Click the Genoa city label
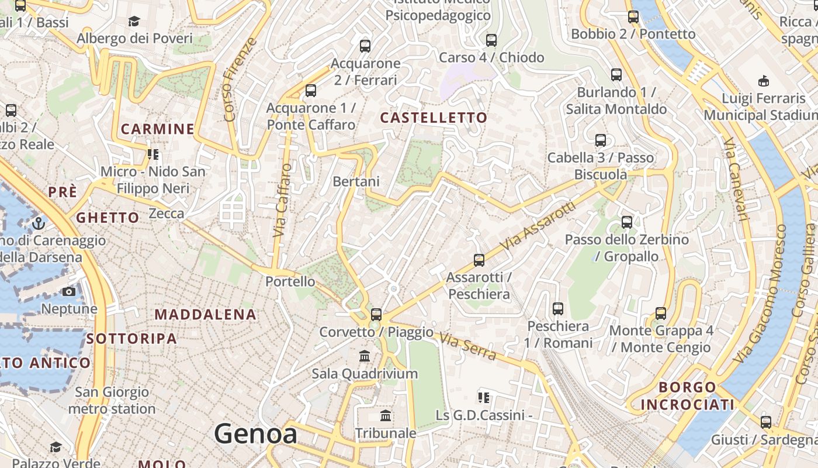click(255, 434)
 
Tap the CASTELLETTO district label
click(434, 118)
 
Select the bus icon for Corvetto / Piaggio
click(376, 315)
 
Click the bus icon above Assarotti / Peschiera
click(479, 260)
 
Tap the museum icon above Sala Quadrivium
click(365, 356)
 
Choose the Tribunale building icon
click(386, 416)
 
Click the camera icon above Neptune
click(69, 291)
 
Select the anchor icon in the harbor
click(39, 223)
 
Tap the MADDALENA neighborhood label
click(206, 315)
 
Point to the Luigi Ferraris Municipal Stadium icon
click(763, 81)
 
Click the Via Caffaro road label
click(283, 200)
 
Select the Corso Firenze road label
click(240, 80)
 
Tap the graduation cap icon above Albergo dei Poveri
click(134, 22)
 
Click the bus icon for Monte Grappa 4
click(661, 314)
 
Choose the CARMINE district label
click(157, 129)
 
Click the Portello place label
click(290, 281)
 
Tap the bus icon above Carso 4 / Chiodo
click(491, 40)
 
